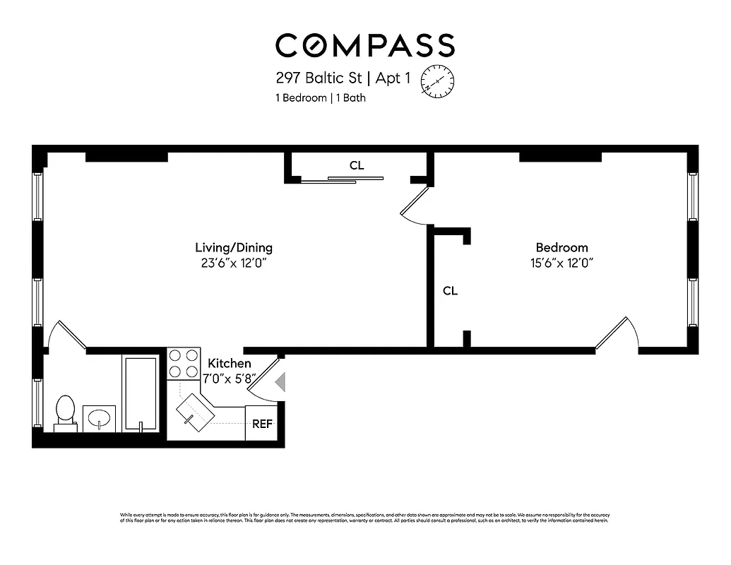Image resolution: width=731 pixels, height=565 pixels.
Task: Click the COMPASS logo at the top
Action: (x=364, y=45)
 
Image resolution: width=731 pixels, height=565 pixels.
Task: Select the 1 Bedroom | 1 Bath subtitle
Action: (x=320, y=98)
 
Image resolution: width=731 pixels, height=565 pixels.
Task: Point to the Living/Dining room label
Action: (x=234, y=248)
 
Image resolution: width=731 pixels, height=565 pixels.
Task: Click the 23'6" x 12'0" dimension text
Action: (x=234, y=263)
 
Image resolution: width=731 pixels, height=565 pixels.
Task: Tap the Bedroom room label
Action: (x=561, y=248)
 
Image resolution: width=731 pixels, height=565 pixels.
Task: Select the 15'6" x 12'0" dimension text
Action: (x=561, y=263)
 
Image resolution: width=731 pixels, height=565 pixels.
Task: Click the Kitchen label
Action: (x=229, y=363)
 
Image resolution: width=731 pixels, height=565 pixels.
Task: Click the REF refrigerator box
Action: (x=261, y=424)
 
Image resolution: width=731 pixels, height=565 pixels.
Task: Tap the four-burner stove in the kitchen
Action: (x=183, y=364)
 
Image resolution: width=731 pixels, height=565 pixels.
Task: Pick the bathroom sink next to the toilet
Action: (x=99, y=417)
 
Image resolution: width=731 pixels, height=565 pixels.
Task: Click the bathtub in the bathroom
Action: (x=141, y=393)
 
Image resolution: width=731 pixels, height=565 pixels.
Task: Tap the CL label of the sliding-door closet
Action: (x=357, y=165)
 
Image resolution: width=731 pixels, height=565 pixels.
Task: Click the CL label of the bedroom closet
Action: (x=450, y=290)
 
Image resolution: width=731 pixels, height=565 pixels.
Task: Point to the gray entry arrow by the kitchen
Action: (x=280, y=383)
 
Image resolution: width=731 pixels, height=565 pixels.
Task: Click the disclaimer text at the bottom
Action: (x=364, y=517)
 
